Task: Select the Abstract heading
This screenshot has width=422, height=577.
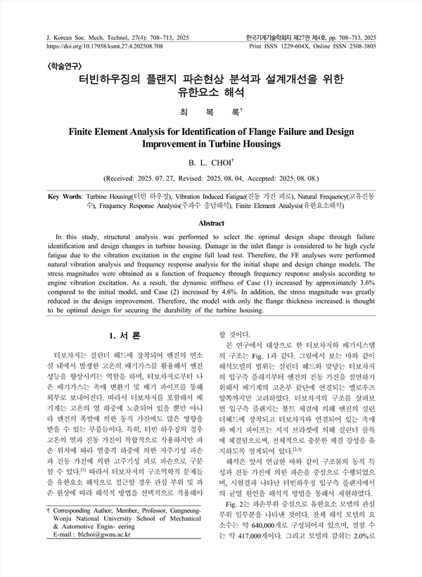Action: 211,223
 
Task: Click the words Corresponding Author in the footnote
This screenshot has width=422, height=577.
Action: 85,526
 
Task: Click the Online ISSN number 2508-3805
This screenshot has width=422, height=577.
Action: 357,44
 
